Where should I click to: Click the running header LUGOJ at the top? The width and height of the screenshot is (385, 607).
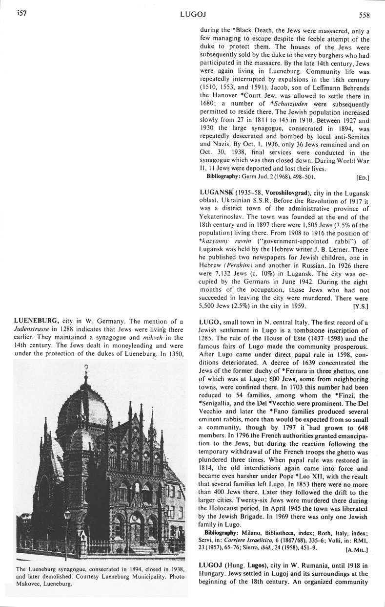click(192, 14)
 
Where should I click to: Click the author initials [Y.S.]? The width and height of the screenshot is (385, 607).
click(361, 306)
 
